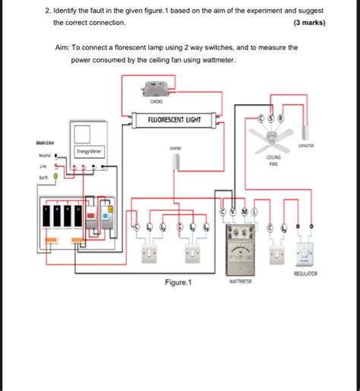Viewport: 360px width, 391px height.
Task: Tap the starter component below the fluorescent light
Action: click(176, 160)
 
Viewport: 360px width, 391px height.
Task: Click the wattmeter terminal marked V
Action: click(233, 211)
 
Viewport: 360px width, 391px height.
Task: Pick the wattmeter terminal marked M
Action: click(244, 211)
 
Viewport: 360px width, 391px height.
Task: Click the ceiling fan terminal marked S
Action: click(270, 118)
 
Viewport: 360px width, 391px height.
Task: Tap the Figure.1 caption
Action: click(178, 282)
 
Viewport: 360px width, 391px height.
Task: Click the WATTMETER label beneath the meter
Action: click(239, 281)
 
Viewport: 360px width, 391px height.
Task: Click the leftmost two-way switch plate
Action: click(149, 252)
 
